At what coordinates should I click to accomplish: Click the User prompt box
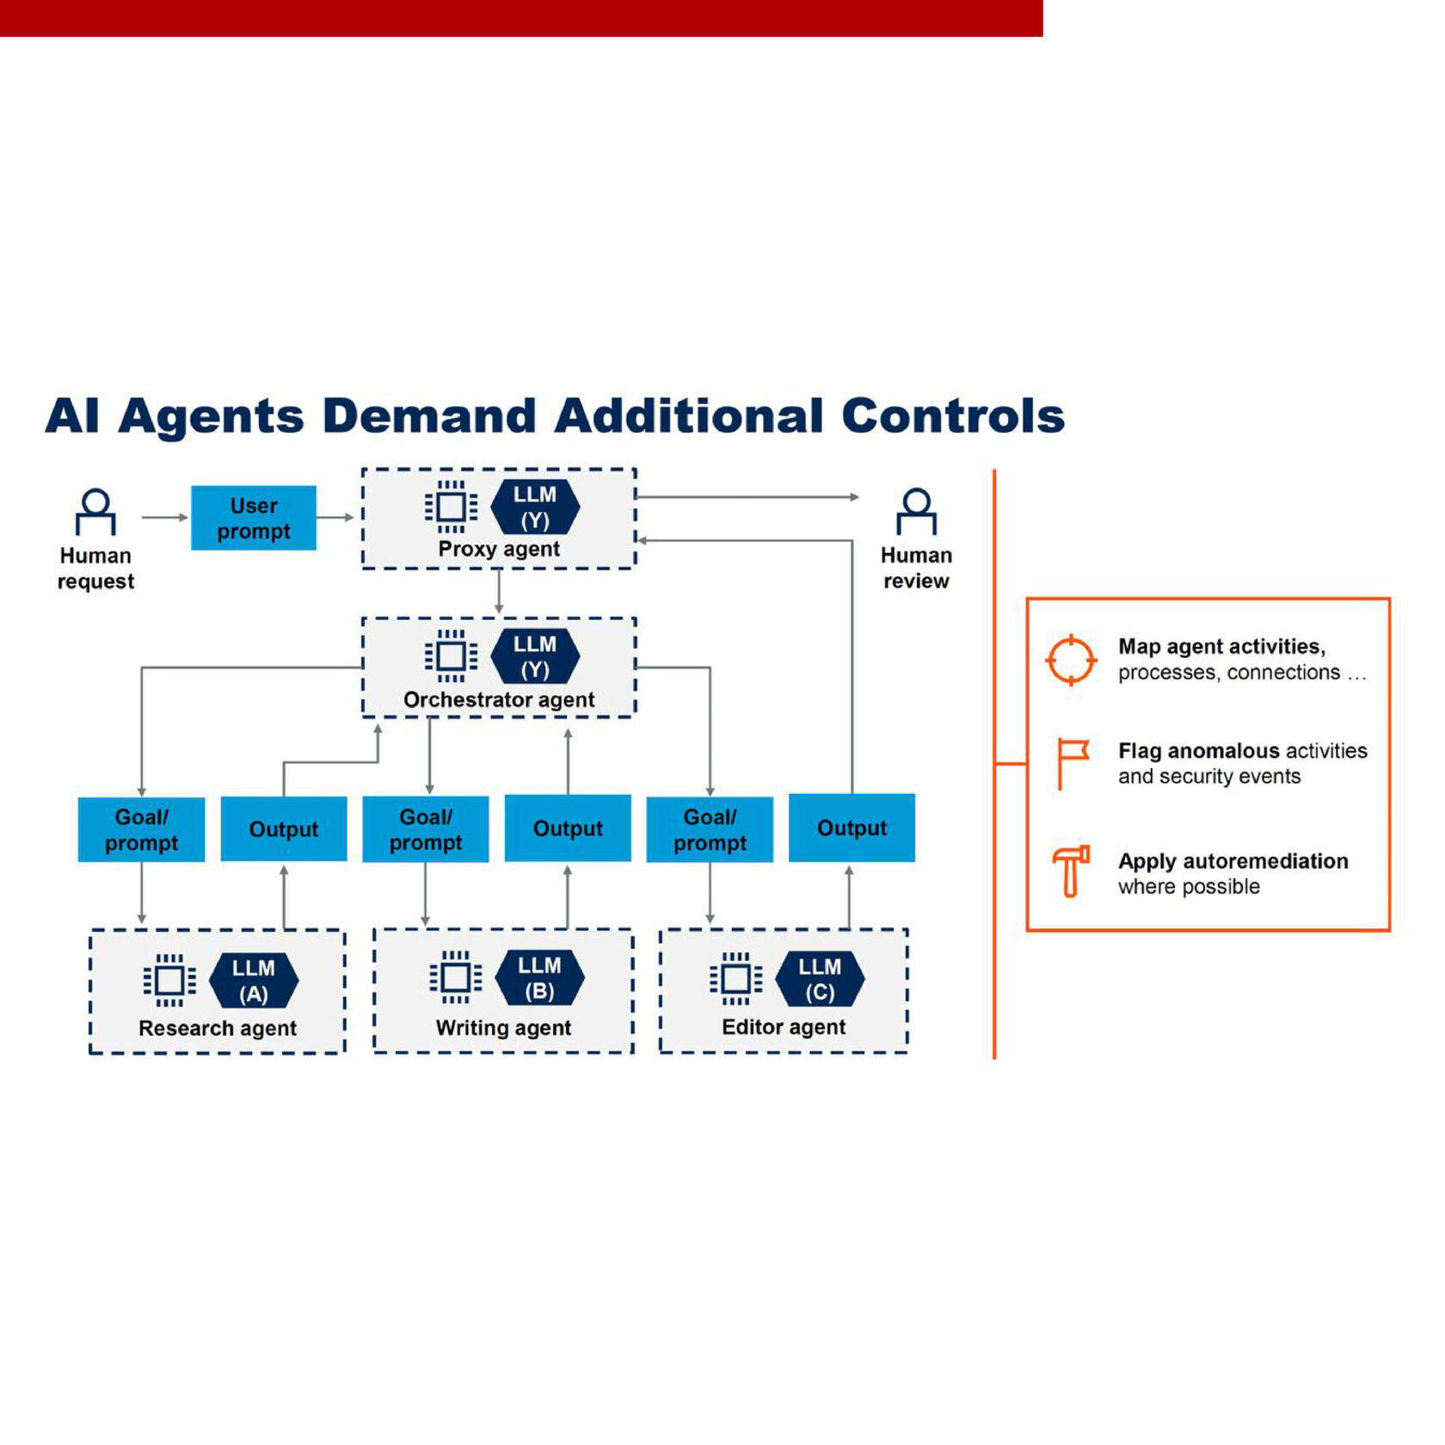click(254, 518)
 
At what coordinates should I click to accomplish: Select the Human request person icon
click(95, 511)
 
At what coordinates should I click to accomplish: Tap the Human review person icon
click(916, 511)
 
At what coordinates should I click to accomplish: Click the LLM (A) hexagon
click(254, 981)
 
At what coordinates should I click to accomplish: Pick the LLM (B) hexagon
click(539, 978)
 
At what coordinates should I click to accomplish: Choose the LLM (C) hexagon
click(820, 979)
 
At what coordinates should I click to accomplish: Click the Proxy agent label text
click(499, 549)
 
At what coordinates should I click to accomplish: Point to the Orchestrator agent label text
click(499, 699)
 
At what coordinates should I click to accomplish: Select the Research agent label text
click(218, 1028)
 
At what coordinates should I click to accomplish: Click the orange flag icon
click(1072, 762)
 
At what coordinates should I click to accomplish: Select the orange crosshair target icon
click(1071, 660)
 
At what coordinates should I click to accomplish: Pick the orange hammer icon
click(1071, 871)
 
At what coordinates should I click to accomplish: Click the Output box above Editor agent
click(852, 827)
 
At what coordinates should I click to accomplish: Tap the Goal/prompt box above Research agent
click(141, 829)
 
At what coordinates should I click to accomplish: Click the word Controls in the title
click(953, 416)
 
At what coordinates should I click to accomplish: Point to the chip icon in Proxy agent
click(451, 507)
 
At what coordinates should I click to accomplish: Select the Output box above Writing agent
click(568, 828)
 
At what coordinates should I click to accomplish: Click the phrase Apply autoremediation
click(1233, 861)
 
